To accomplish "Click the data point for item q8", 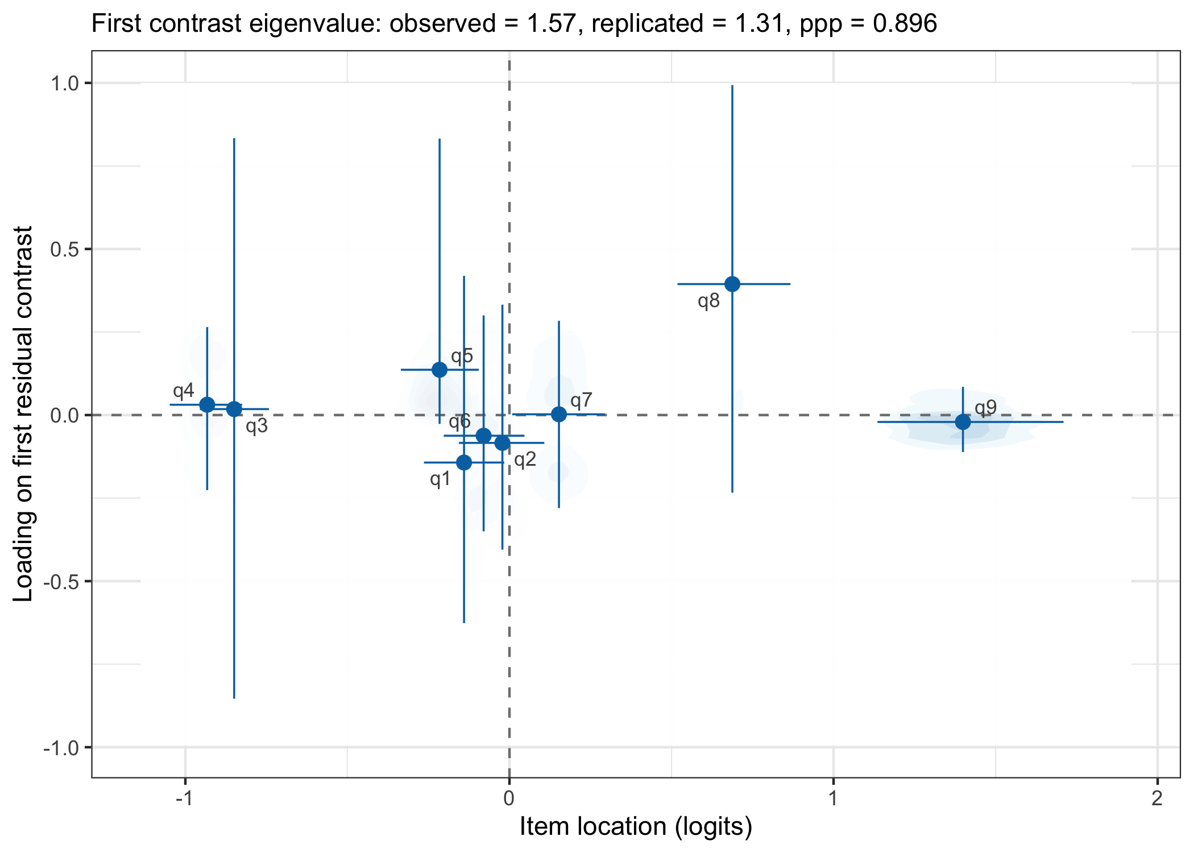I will [732, 284].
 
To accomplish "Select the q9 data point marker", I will [963, 422].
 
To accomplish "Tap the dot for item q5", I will [440, 370].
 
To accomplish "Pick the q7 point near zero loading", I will [559, 414].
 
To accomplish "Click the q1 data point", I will [464, 462].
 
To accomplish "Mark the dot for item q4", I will [207, 405].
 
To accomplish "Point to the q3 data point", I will [234, 409].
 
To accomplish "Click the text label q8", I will [708, 301].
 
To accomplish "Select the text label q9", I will [985, 408].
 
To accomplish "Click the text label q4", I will [184, 391].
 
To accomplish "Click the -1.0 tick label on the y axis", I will [60, 747].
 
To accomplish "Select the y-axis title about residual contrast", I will [24, 414].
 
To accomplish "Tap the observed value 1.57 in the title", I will [552, 24].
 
